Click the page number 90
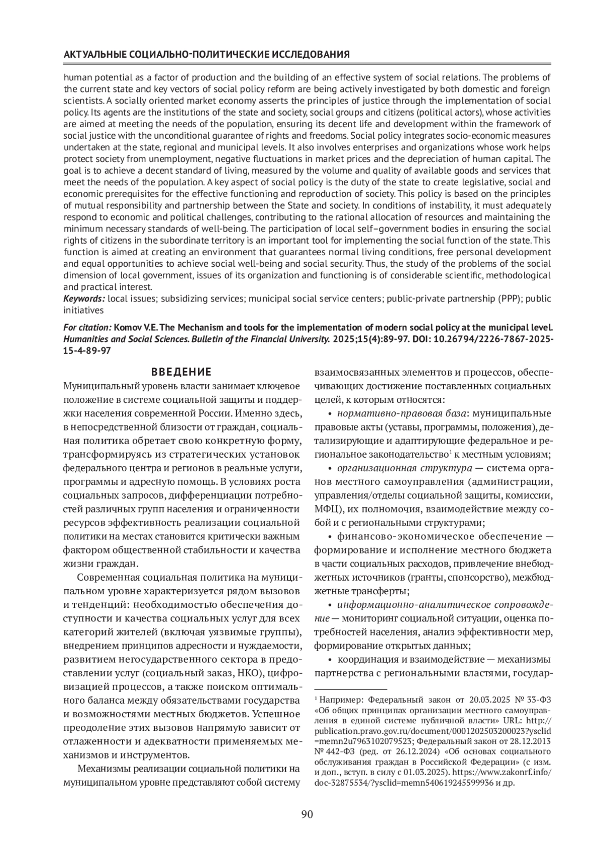point(307,814)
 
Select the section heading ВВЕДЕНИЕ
point(181,372)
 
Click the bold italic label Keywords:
point(84,299)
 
